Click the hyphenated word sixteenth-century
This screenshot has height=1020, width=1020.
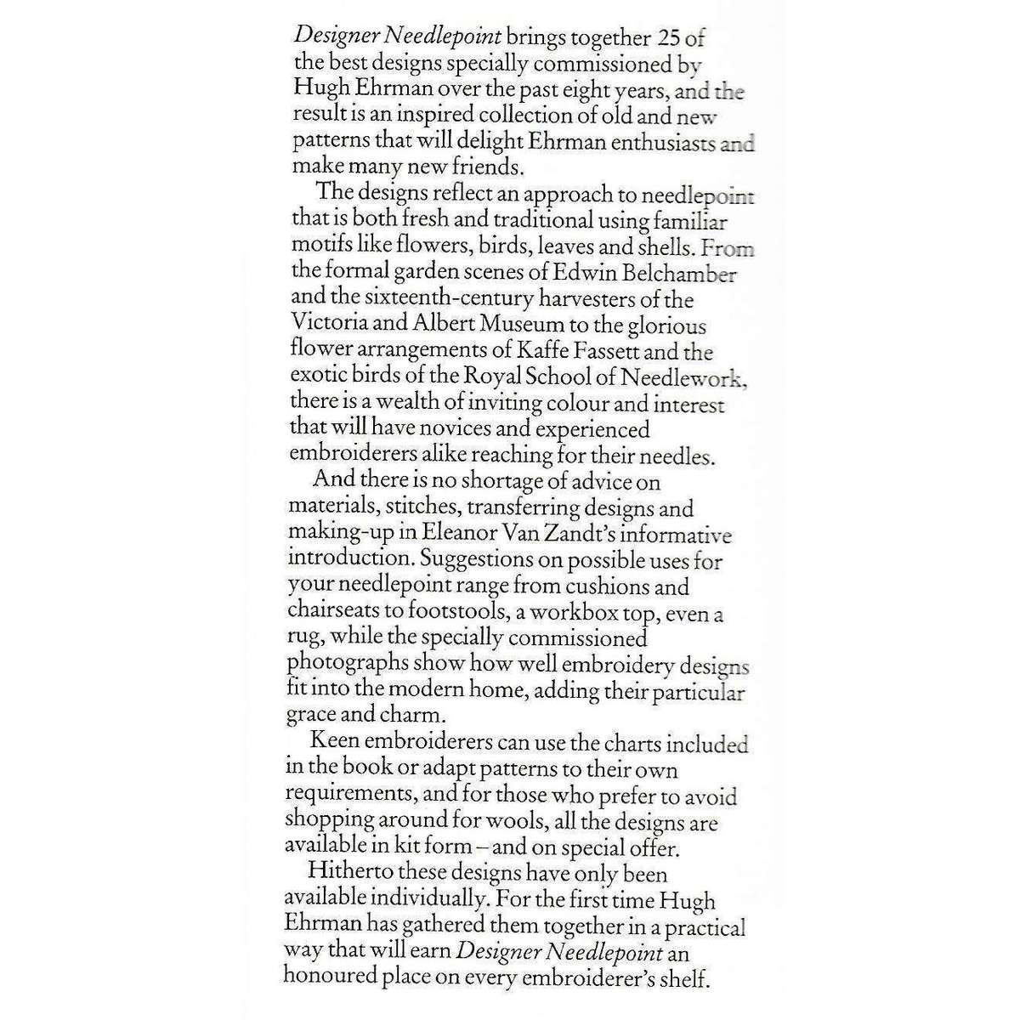454,299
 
